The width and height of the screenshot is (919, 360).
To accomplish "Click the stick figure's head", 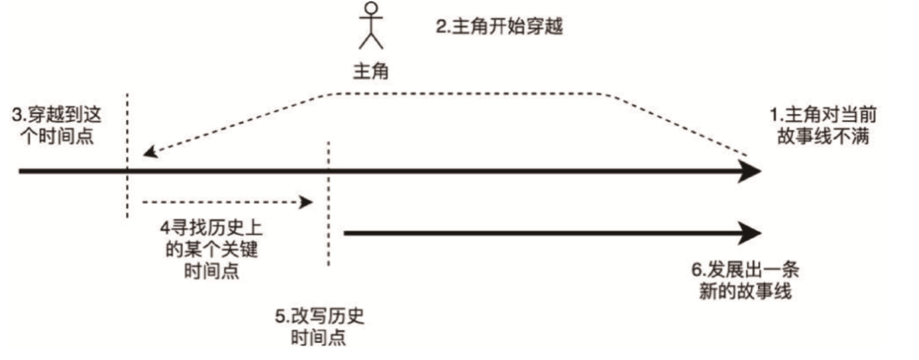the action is click(369, 11).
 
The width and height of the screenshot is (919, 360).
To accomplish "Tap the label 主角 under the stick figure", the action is click(370, 71).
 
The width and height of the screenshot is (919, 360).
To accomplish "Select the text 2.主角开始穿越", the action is click(500, 26).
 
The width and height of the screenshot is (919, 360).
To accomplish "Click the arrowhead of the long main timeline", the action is click(749, 172).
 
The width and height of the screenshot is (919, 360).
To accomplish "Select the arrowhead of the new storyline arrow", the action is click(749, 231).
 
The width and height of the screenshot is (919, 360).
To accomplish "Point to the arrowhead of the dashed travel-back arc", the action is click(150, 153).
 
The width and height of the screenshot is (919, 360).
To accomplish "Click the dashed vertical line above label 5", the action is click(328, 204).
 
